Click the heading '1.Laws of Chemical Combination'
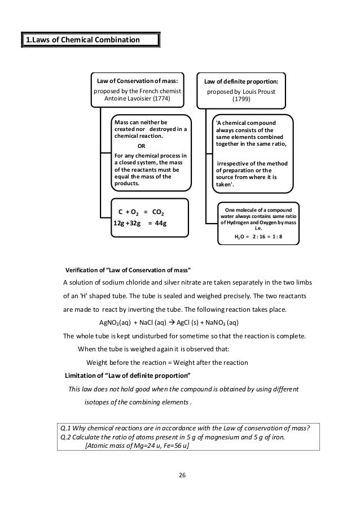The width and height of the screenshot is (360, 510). (x=82, y=40)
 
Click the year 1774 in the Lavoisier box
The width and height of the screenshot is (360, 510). (x=159, y=99)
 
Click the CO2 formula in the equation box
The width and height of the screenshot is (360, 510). (x=159, y=212)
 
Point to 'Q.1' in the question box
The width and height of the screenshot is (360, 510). (x=67, y=426)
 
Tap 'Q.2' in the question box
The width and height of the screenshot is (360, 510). (x=67, y=436)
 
